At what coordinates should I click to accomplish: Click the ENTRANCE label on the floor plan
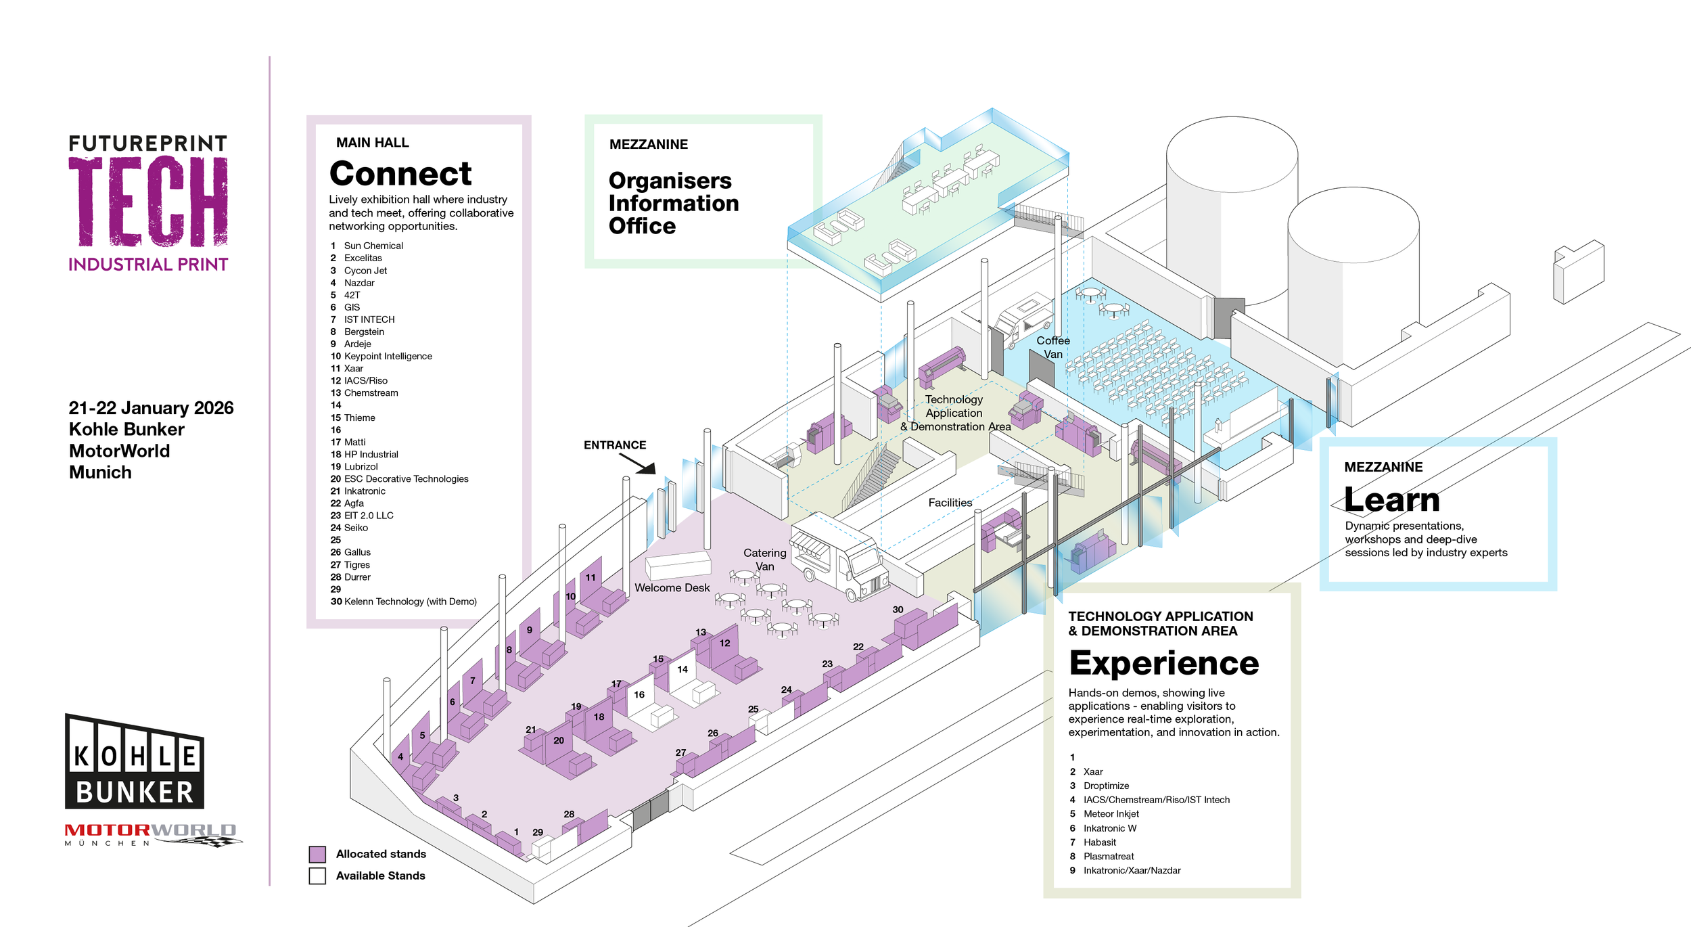coord(614,445)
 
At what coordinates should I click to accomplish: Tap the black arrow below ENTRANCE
coord(638,464)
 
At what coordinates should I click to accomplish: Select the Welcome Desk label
coord(672,588)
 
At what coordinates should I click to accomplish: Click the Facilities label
coord(950,503)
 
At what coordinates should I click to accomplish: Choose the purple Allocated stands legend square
coord(317,854)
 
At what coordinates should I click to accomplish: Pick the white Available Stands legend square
coord(317,876)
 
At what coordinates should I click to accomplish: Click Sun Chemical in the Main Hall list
coord(373,246)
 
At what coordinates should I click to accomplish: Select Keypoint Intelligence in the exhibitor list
coord(388,356)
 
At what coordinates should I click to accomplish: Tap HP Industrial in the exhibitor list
coord(371,454)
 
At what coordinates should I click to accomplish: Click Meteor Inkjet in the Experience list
coord(1111,814)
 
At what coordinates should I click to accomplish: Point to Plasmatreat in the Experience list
coord(1108,857)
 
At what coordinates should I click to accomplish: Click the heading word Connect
coord(400,174)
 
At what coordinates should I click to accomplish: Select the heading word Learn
coord(1391,500)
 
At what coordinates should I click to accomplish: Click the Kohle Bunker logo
coord(134,763)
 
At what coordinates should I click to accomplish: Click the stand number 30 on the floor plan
coord(898,610)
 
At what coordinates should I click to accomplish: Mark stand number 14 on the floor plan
coord(682,669)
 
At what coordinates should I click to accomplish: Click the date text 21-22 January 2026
coord(151,408)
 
